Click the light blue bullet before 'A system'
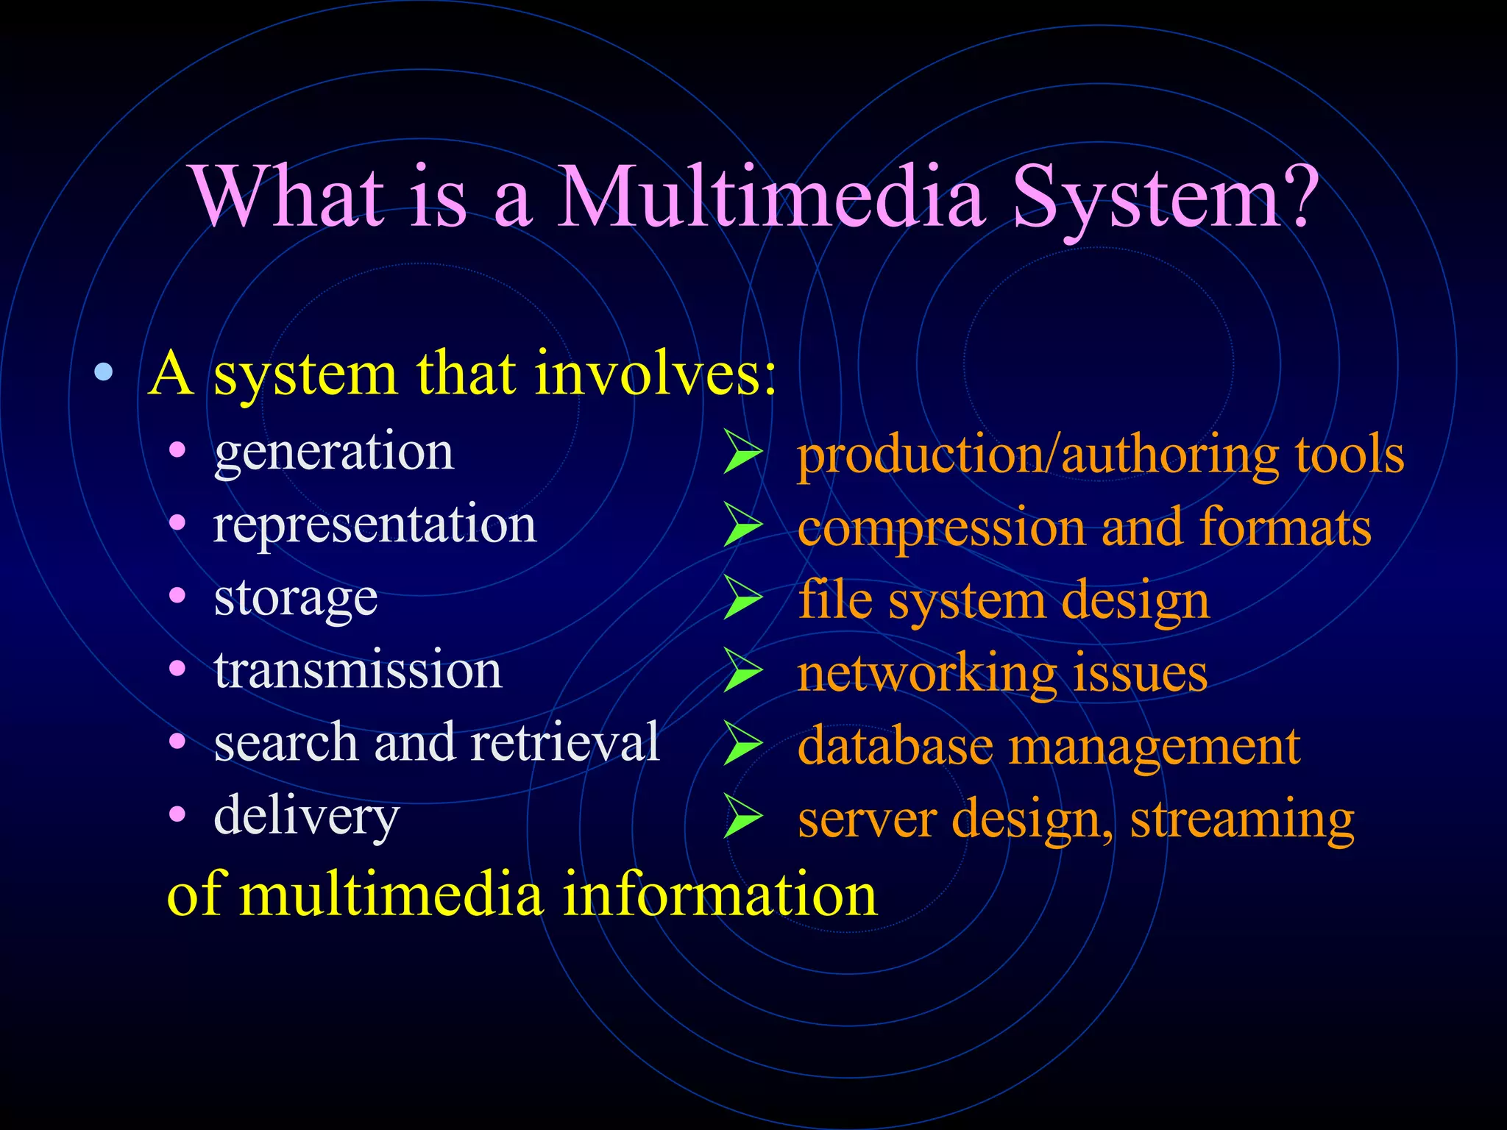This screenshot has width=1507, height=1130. coord(104,372)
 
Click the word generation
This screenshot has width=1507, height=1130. coord(333,452)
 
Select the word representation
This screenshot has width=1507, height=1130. coord(375,525)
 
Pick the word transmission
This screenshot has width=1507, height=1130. coord(358,670)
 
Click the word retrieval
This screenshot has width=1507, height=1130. coord(564,742)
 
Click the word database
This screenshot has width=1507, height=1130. coord(895,746)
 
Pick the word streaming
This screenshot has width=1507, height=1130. coord(1241,820)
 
